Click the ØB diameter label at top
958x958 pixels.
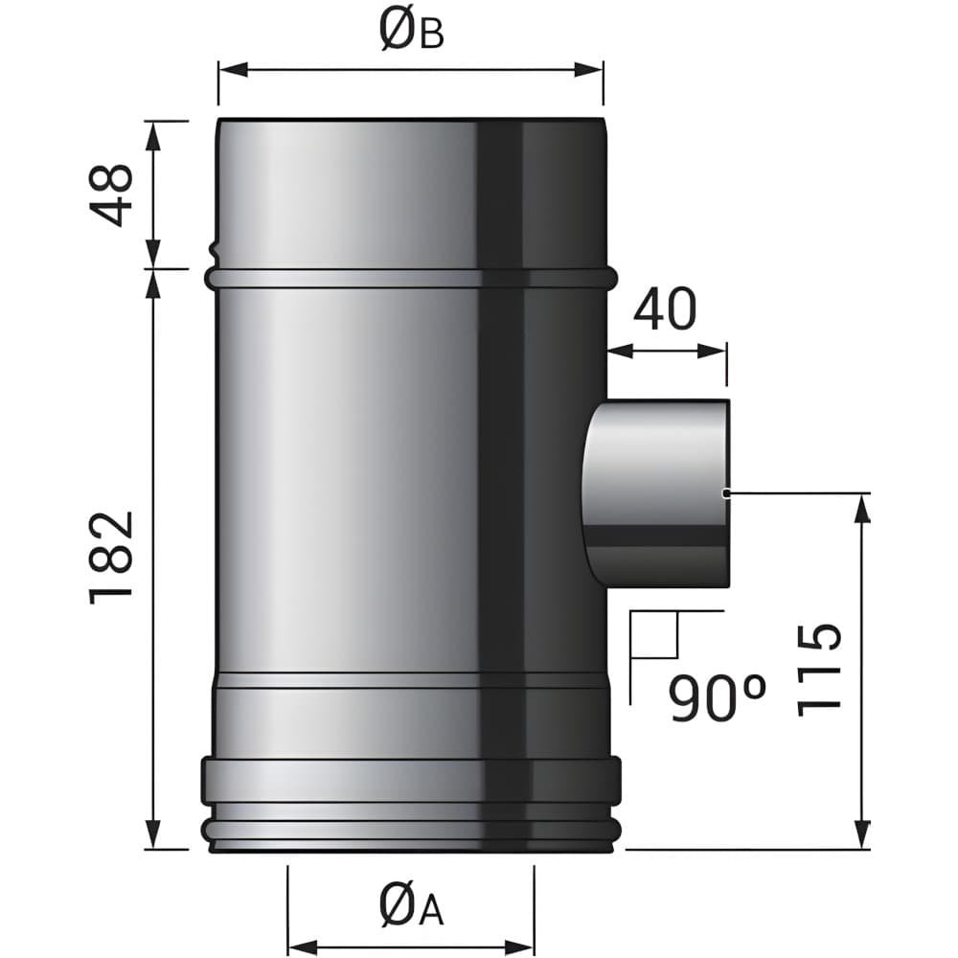click(411, 31)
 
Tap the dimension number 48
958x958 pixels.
click(111, 194)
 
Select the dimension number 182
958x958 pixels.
click(111, 558)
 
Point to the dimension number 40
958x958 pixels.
click(665, 308)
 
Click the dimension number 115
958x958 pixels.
click(819, 669)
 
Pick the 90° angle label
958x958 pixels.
click(717, 697)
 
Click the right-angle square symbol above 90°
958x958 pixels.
click(653, 634)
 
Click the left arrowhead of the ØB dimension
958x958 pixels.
click(233, 70)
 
